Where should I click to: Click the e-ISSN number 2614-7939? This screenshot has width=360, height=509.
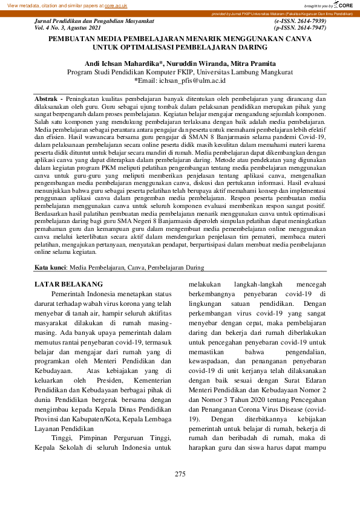pos(309,21)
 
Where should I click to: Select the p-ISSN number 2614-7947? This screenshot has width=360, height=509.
pos(309,28)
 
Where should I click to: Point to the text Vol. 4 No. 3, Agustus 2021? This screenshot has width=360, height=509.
pos(68,28)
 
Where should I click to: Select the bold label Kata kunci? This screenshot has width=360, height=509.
pos(51,267)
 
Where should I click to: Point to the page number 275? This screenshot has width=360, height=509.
pos(180,474)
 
